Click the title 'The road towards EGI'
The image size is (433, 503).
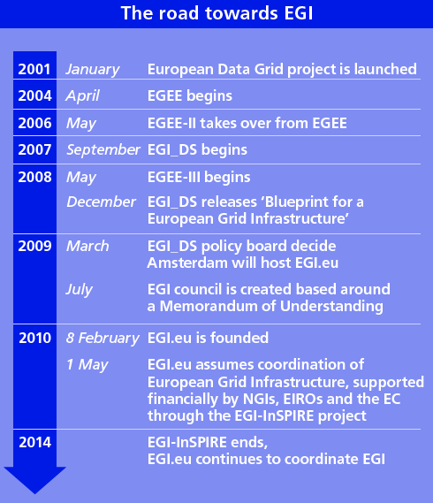click(216, 13)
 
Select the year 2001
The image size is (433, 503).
click(34, 69)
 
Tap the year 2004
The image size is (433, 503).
click(34, 95)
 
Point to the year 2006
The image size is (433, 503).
click(34, 123)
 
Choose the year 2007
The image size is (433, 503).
click(34, 149)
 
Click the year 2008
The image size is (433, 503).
click(34, 177)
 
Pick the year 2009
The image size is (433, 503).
click(34, 246)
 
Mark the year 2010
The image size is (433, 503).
click(35, 338)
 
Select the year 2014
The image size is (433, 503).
click(35, 442)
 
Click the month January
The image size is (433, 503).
click(93, 70)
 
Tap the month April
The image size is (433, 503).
click(82, 96)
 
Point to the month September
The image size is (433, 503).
click(103, 150)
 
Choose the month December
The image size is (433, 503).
click(101, 202)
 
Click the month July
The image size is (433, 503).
click(79, 290)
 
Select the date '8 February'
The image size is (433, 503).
click(103, 339)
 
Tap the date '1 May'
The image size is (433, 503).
click(87, 365)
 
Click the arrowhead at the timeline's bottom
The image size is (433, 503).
click(35, 480)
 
